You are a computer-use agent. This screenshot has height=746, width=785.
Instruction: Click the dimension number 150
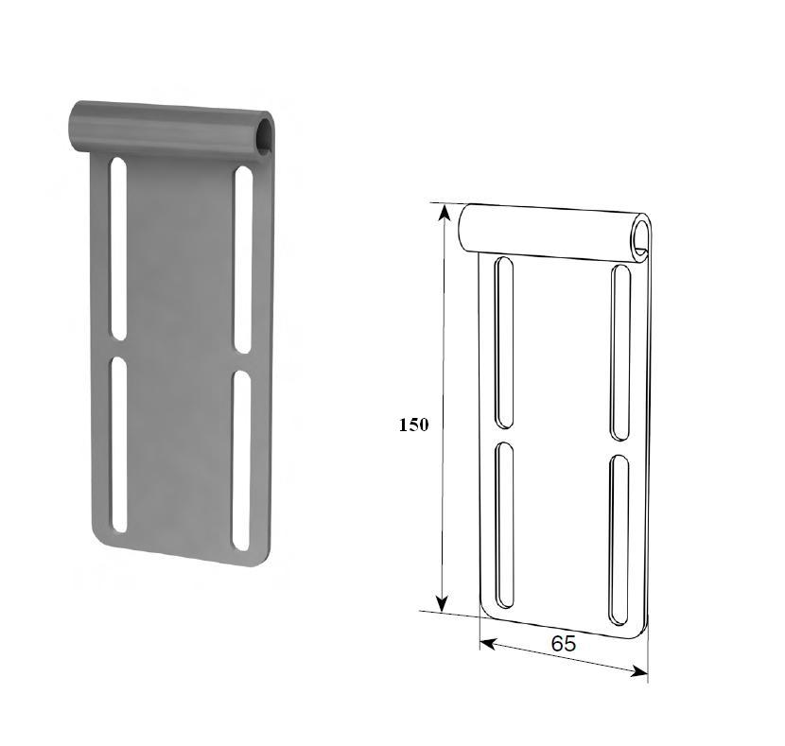(x=413, y=425)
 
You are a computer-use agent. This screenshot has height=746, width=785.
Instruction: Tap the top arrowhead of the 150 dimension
(x=443, y=213)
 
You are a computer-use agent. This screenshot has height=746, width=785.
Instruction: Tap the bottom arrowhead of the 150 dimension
(x=441, y=602)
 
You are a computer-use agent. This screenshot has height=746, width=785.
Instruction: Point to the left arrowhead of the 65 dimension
(x=488, y=645)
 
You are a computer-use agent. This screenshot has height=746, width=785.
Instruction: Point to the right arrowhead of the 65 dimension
(x=639, y=671)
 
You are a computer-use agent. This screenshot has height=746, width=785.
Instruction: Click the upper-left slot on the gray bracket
(x=118, y=249)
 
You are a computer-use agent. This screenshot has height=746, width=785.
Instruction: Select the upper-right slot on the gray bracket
(x=243, y=260)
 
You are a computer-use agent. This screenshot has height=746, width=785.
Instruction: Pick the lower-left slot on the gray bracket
(x=119, y=444)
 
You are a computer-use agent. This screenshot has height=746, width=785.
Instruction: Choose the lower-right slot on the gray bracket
(x=242, y=460)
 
